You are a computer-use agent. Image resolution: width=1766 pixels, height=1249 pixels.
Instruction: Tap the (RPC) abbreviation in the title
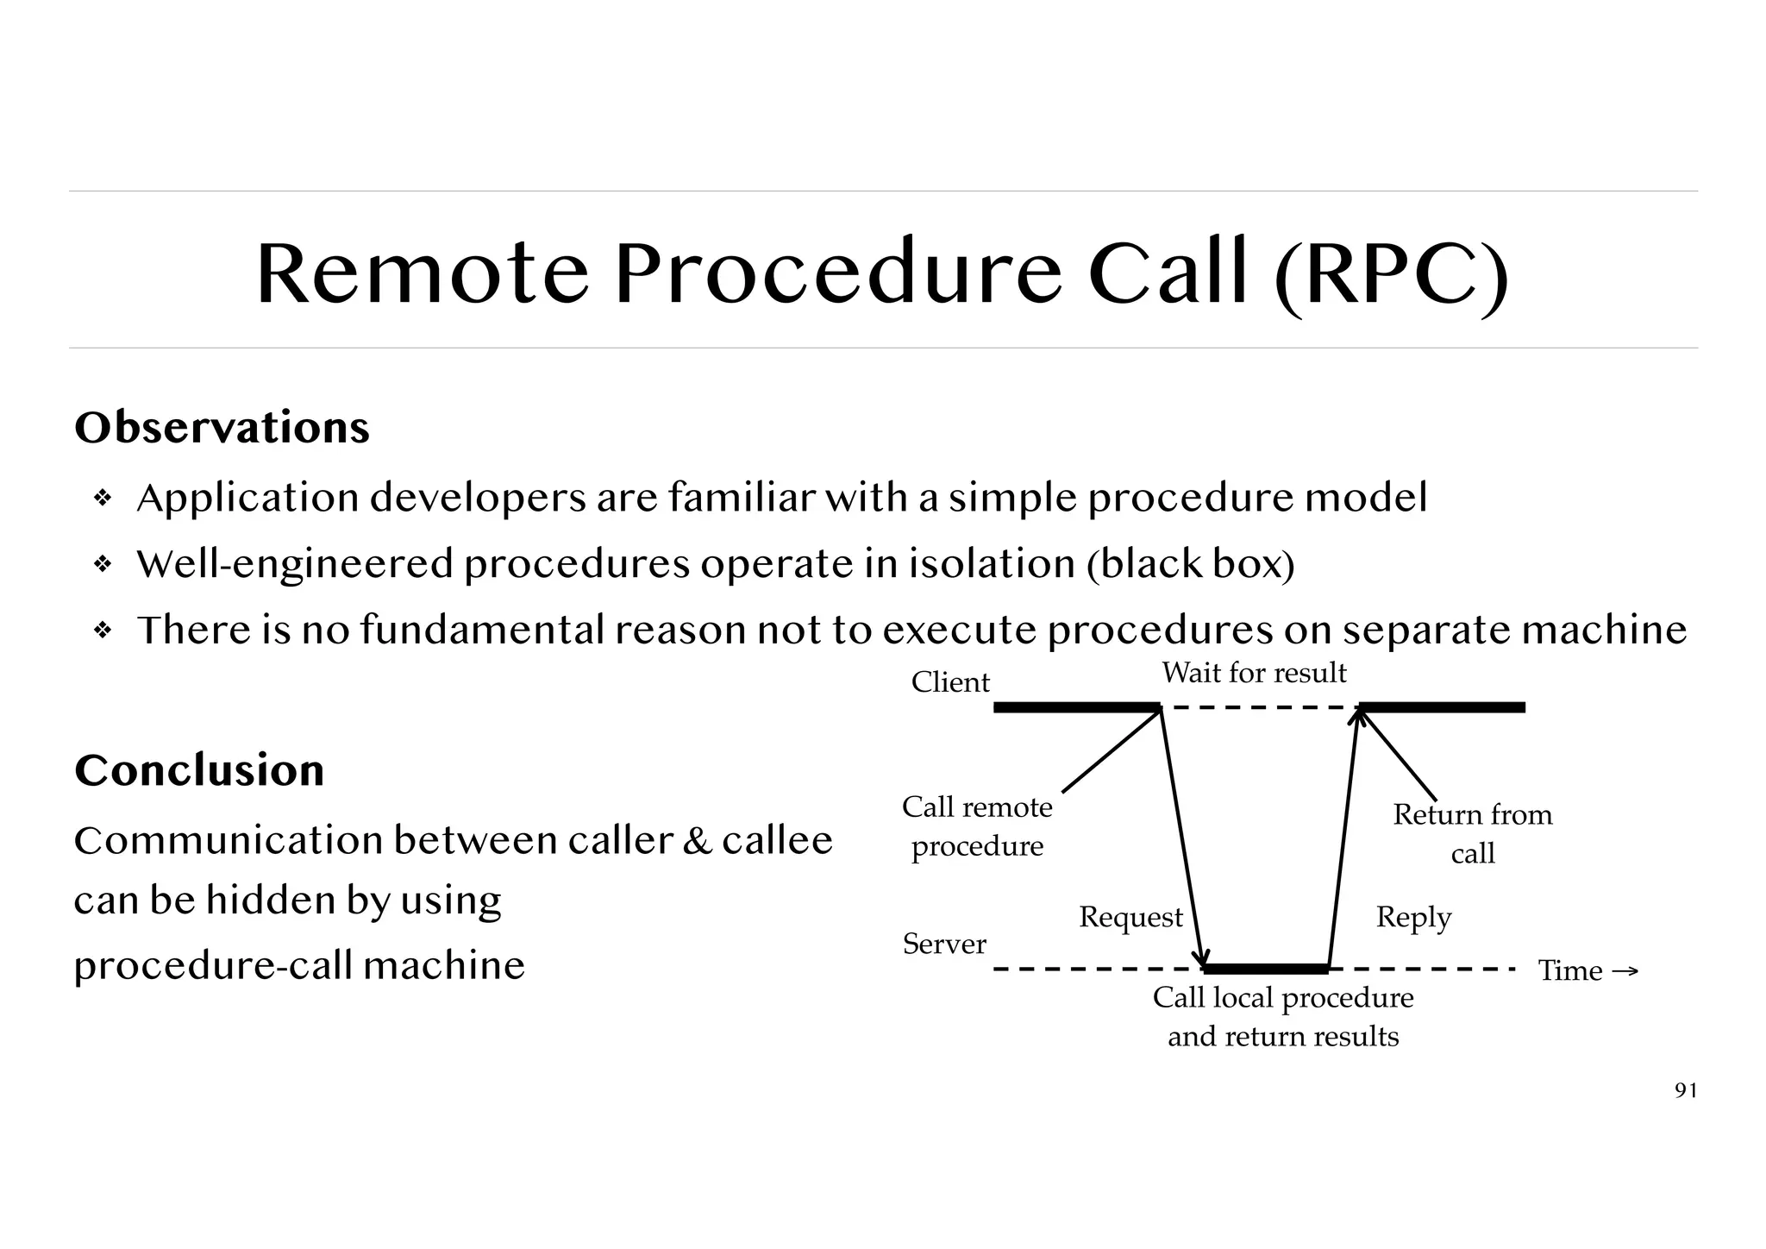[1391, 274]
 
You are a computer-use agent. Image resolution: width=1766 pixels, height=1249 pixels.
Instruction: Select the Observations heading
[222, 427]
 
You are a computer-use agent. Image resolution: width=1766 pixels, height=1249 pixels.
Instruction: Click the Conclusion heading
[199, 769]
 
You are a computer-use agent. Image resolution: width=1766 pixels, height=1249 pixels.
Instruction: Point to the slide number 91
[1685, 1091]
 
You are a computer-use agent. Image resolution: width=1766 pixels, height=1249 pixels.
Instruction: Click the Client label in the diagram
[950, 682]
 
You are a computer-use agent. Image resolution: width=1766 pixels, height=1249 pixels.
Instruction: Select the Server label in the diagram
[944, 944]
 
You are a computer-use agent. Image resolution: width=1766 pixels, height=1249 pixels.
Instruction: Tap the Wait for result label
[1254, 673]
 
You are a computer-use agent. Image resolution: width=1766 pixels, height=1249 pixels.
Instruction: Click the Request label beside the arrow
[1130, 917]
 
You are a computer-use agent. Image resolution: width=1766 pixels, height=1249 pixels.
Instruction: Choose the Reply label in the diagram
[1413, 917]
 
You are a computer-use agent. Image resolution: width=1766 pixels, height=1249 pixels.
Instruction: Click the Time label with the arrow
[1587, 970]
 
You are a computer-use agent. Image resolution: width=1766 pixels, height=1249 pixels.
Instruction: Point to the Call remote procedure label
[977, 826]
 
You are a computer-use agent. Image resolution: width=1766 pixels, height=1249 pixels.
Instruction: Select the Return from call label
[1472, 833]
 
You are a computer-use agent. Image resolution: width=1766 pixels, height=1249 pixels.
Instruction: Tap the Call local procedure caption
[1283, 1016]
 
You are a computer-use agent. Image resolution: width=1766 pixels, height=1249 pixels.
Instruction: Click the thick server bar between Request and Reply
[1266, 969]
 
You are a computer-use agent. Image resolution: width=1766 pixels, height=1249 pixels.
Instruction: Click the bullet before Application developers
[103, 499]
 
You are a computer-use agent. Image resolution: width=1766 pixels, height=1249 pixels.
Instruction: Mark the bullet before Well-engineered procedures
[103, 565]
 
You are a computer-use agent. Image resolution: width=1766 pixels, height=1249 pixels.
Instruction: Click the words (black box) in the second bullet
[1190, 565]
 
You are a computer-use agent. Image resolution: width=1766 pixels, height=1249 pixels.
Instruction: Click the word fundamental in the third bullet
[483, 630]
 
